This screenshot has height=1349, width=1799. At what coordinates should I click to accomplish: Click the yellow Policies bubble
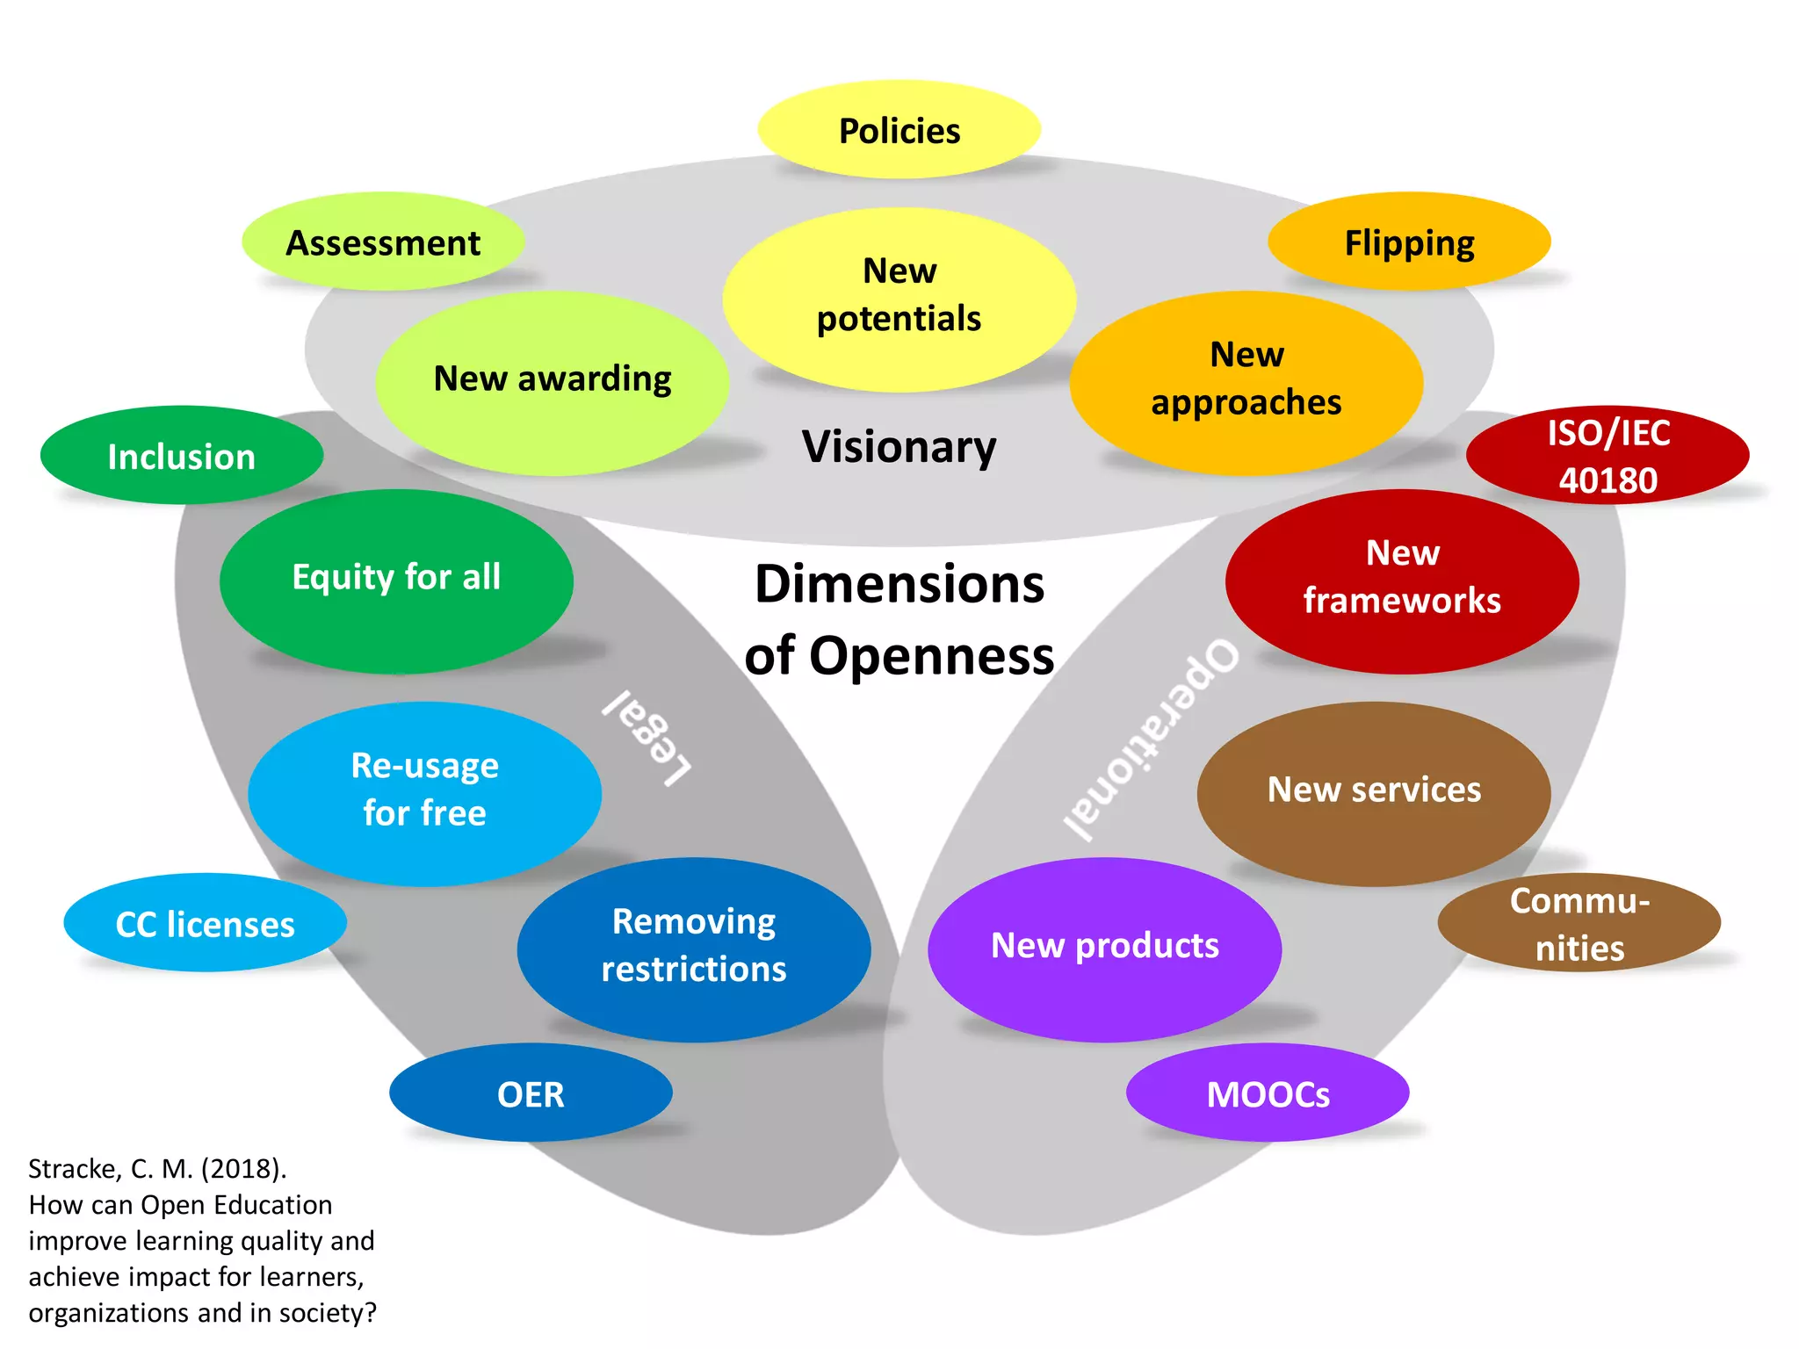coord(899,130)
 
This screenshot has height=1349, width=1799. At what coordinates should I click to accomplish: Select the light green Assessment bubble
coord(383,242)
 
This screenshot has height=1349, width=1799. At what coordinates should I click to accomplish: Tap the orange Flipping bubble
coord(1409,242)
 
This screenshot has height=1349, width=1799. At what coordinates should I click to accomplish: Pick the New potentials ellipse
coord(899,299)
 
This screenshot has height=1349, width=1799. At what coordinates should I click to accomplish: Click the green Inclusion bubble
coord(182,455)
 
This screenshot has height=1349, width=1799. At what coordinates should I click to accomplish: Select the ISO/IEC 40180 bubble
coord(1608,455)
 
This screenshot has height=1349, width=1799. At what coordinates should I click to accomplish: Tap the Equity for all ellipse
coord(396,581)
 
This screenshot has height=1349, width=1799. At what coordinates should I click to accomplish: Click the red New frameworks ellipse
coord(1402,581)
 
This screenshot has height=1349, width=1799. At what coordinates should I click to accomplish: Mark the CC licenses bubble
coord(205,922)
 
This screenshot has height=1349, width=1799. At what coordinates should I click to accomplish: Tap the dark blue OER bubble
coord(531,1093)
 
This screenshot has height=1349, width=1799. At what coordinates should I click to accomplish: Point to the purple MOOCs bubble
coord(1268,1093)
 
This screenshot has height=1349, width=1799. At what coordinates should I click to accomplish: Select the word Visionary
coord(899,446)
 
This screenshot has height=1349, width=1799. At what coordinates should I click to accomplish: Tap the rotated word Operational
coord(1151,738)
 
